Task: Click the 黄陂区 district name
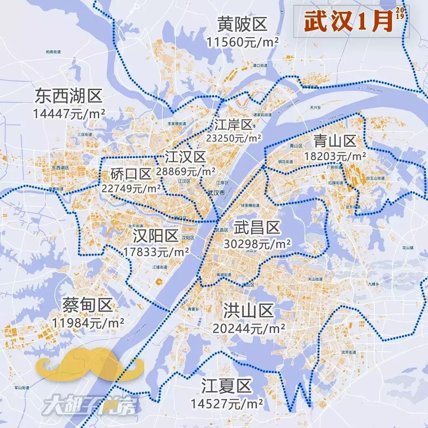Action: pyautogui.click(x=242, y=25)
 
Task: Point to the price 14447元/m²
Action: pyautogui.click(x=69, y=114)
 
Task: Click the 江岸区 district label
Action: pyautogui.click(x=233, y=124)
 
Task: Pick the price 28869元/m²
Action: pyautogui.click(x=185, y=172)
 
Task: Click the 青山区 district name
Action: pyautogui.click(x=335, y=140)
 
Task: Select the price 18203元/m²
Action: pyautogui.click(x=335, y=156)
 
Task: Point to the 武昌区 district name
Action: pyautogui.click(x=257, y=228)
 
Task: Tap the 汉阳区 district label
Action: pyautogui.click(x=156, y=236)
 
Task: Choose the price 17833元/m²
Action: pyautogui.click(x=156, y=252)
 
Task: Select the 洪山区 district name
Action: pyautogui.click(x=248, y=311)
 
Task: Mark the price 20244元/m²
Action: pyautogui.click(x=248, y=328)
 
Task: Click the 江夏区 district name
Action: pyautogui.click(x=226, y=386)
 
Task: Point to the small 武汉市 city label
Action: pyautogui.click(x=216, y=193)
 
